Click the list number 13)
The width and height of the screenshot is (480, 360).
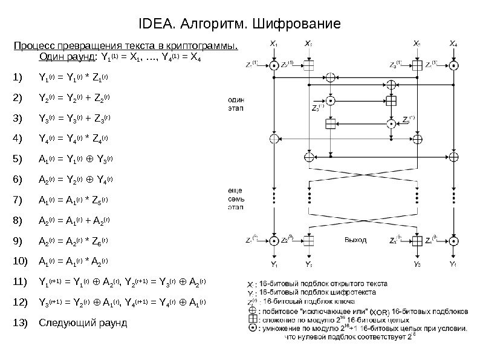click(x=19, y=322)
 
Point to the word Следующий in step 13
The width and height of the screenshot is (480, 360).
click(x=65, y=322)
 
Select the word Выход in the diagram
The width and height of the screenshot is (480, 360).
click(x=355, y=240)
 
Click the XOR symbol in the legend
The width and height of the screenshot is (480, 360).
click(x=251, y=307)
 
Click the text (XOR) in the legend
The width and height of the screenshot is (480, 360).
click(x=380, y=310)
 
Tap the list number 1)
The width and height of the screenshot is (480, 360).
click(x=17, y=77)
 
